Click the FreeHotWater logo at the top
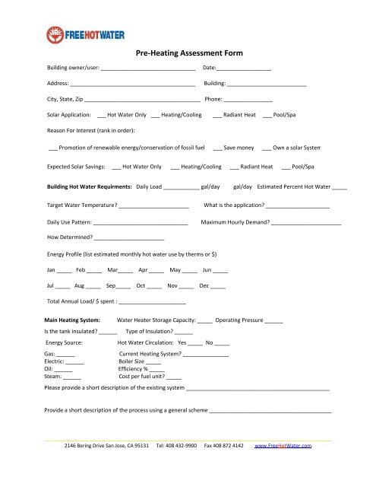click(x=72, y=33)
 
